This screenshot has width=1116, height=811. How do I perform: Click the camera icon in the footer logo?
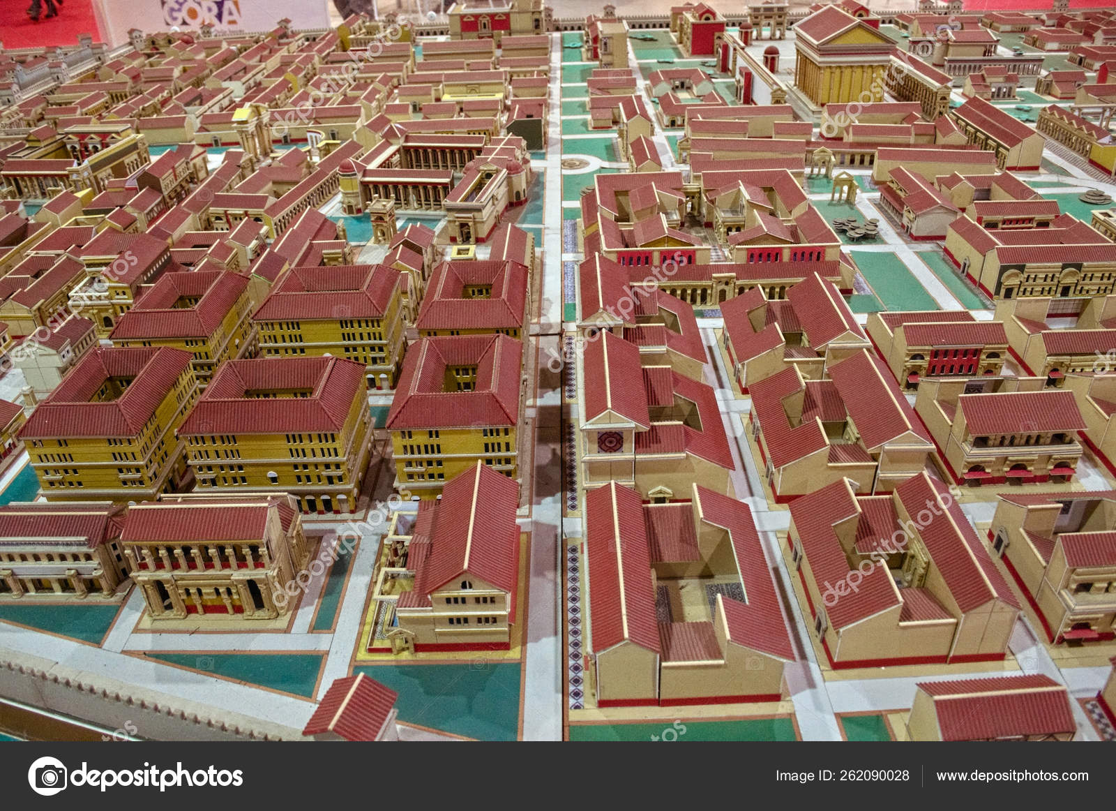tap(47, 775)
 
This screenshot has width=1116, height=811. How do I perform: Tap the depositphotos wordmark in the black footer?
tap(158, 775)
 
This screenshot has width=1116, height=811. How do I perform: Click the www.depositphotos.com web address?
tap(1012, 775)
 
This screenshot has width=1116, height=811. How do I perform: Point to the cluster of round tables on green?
tap(855, 224)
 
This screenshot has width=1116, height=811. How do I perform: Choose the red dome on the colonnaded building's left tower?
tap(347, 168)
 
